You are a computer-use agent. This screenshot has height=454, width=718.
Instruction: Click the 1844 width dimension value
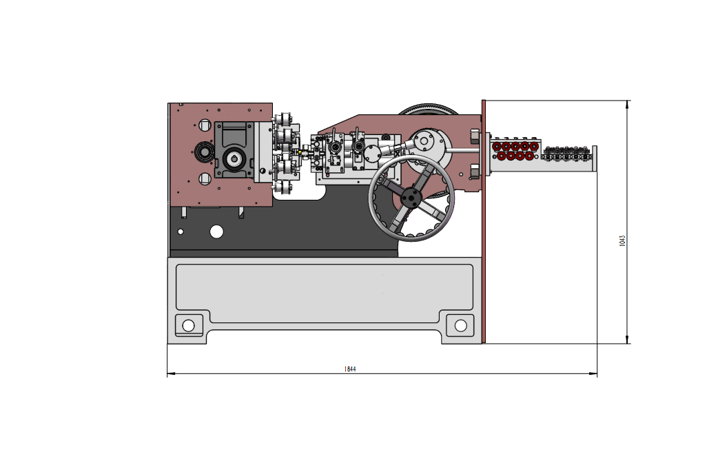(x=350, y=369)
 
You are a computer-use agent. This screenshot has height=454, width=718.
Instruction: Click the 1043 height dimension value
(x=622, y=240)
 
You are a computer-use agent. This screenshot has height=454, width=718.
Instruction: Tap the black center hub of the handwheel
(x=411, y=198)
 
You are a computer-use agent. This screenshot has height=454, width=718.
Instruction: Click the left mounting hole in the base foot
(x=188, y=325)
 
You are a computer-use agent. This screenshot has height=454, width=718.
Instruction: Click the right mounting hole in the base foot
(x=461, y=325)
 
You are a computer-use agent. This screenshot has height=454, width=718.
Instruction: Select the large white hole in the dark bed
(x=216, y=231)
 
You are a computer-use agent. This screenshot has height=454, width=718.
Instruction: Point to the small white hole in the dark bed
(x=181, y=232)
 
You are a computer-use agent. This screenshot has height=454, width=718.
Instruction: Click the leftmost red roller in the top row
(x=497, y=147)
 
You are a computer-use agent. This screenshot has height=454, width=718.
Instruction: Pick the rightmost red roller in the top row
(x=534, y=147)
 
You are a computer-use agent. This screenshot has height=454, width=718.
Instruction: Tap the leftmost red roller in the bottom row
(x=502, y=156)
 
